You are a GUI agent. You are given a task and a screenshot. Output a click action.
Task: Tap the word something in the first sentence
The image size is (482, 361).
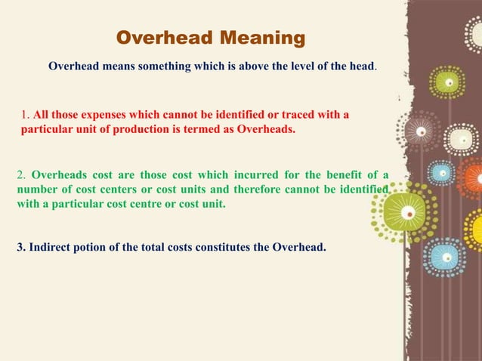point(158,66)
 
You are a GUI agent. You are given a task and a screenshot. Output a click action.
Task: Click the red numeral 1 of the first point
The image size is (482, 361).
point(23,115)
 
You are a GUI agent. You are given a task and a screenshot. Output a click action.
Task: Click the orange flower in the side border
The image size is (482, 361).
point(473,179)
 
